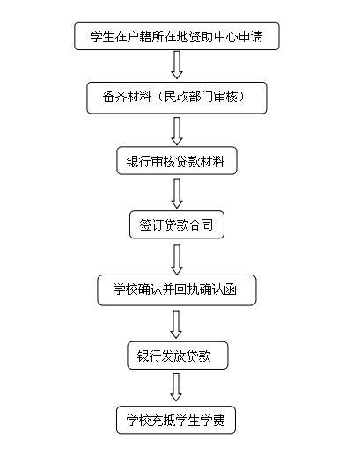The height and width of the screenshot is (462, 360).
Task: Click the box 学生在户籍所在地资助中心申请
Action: tap(176, 36)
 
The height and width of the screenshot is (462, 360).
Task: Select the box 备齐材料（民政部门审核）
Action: tap(176, 98)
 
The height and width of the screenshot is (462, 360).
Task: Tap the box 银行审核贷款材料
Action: tap(177, 160)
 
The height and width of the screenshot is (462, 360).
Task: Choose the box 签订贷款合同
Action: tap(177, 224)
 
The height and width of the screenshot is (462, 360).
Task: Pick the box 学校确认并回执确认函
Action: tap(177, 290)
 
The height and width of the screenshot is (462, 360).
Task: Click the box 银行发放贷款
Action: tap(178, 356)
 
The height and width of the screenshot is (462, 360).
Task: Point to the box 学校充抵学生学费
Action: tap(176, 420)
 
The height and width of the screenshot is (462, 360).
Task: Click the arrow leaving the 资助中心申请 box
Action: tap(177, 65)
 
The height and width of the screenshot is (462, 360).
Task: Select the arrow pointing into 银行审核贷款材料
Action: tap(177, 131)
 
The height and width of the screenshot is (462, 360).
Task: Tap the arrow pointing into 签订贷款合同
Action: tap(177, 194)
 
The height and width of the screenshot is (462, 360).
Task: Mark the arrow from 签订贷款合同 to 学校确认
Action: tap(177, 260)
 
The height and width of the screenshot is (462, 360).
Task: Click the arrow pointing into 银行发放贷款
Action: tap(176, 324)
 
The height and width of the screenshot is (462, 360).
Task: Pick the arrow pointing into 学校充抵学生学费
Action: tap(176, 387)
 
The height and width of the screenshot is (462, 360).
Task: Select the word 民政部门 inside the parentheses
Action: tap(188, 97)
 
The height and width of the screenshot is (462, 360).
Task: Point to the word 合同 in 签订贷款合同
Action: tap(201, 224)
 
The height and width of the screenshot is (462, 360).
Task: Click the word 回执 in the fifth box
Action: tap(187, 290)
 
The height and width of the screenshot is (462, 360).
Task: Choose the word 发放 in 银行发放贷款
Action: tap(173, 356)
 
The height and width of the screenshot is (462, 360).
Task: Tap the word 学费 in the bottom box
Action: tap(213, 420)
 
